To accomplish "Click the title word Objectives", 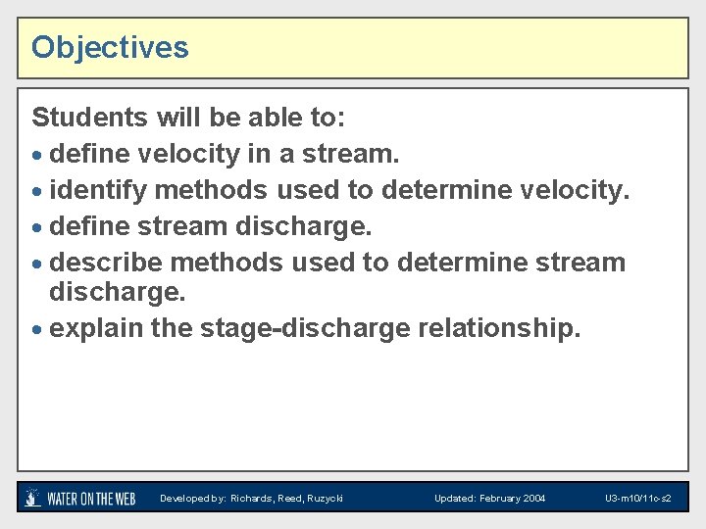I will click(110, 47).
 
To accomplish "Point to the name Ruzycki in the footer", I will click(323, 499).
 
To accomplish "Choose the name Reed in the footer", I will click(290, 499).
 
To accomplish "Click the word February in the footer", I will click(500, 499).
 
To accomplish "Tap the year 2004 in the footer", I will click(534, 499).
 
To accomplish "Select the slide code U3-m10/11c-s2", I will click(637, 499).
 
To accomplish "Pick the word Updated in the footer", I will click(455, 499).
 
